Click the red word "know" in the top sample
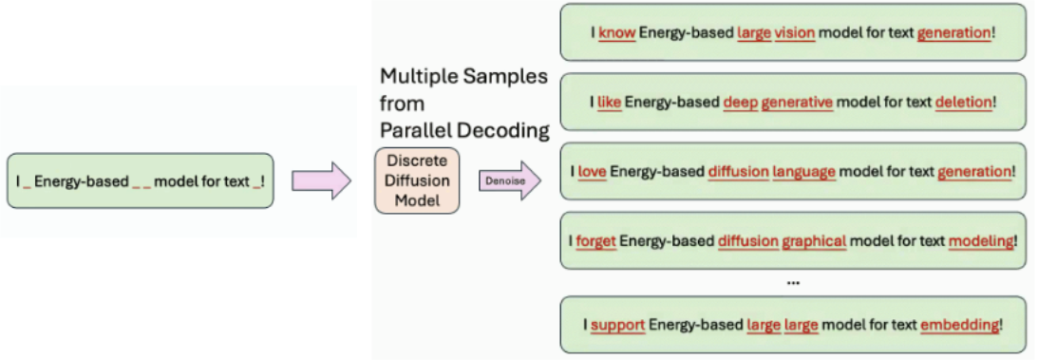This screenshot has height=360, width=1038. pos(617,32)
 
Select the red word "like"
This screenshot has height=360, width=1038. pos(609,102)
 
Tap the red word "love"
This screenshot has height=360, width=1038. pos(592,172)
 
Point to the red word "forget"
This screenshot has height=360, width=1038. pos(595,241)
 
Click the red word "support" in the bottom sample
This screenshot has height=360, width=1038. pos(617,325)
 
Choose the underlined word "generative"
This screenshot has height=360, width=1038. pos(797,102)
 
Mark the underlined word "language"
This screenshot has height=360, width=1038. pos(803,172)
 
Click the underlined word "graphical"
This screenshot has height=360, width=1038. pos(814,241)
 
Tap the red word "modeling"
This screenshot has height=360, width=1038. pos(981,241)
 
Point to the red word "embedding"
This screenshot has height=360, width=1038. pos(959,325)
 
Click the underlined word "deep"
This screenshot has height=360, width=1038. pos(741,102)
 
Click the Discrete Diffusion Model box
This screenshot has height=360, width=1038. pos(417,180)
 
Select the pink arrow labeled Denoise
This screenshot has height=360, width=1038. pos(508,180)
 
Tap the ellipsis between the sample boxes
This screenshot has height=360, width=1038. pos(793,283)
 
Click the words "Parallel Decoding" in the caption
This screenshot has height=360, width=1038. pos(464,129)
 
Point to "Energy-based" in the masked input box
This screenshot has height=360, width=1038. pos(81,180)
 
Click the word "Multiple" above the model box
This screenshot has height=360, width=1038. pos(421,76)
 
